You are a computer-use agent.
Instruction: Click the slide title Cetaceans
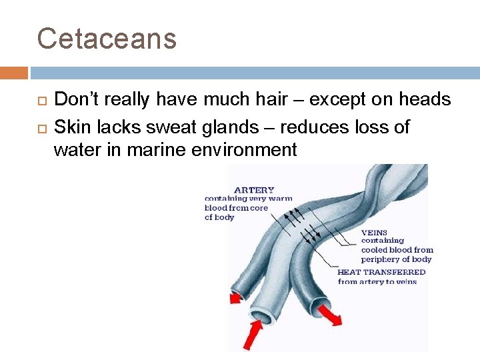tap(107, 39)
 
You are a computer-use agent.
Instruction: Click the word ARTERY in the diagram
tap(254, 190)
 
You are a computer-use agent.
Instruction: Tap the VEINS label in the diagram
tap(374, 233)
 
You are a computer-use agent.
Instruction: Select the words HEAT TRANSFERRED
tap(381, 272)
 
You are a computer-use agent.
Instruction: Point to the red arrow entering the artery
tap(252, 333)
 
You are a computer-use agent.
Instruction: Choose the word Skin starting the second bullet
tap(70, 127)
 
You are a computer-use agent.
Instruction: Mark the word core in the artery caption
tap(257, 208)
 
